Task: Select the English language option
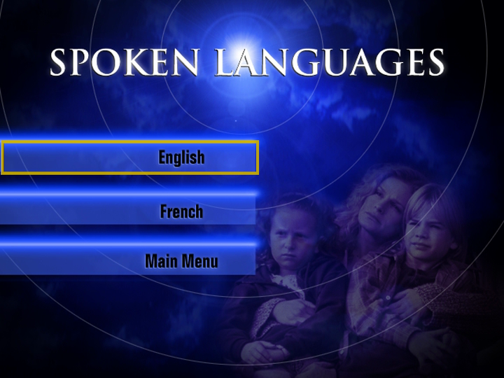tap(181, 157)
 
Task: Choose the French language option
tap(181, 211)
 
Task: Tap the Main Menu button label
tap(181, 261)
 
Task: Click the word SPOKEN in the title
tap(125, 62)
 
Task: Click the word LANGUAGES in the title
tap(330, 62)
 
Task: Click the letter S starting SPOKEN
tap(59, 62)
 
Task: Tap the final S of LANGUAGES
tap(435, 62)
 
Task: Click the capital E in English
tap(162, 157)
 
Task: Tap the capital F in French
tap(164, 211)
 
